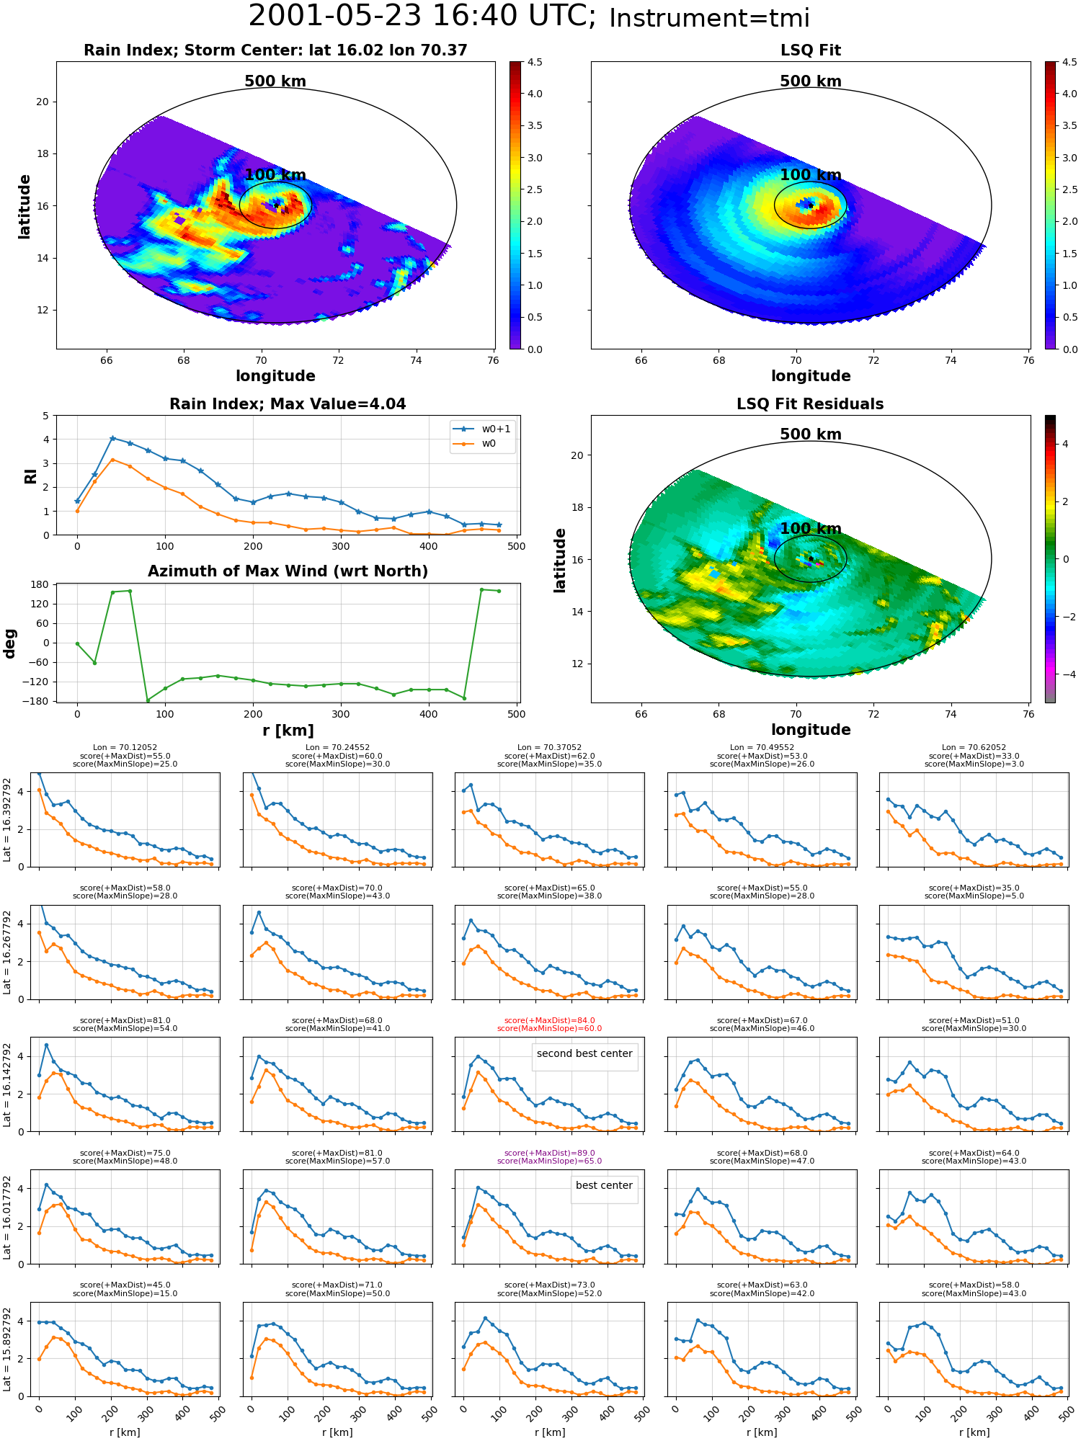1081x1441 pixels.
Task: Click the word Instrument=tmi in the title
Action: pyautogui.click(x=709, y=19)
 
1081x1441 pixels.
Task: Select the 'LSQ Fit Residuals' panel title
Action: pyautogui.click(x=810, y=404)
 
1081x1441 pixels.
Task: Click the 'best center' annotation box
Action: pyautogui.click(x=604, y=1185)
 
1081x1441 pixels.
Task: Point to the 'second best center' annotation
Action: pyautogui.click(x=584, y=1053)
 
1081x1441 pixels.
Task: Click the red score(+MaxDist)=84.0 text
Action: pyautogui.click(x=549, y=1020)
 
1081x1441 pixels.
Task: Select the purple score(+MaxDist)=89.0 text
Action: pyautogui.click(x=549, y=1153)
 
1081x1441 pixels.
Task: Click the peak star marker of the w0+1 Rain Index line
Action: pyautogui.click(x=112, y=438)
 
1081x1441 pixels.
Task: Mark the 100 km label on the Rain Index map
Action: pyautogui.click(x=275, y=175)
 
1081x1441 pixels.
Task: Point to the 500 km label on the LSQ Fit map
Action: pyautogui.click(x=811, y=81)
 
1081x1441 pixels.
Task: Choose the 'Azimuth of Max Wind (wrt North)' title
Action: pyautogui.click(x=288, y=571)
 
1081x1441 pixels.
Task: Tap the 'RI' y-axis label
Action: pyautogui.click(x=31, y=476)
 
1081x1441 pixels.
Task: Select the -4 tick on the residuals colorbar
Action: pyautogui.click(x=1066, y=674)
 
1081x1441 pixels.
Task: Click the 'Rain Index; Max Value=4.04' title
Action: pyautogui.click(x=288, y=404)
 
